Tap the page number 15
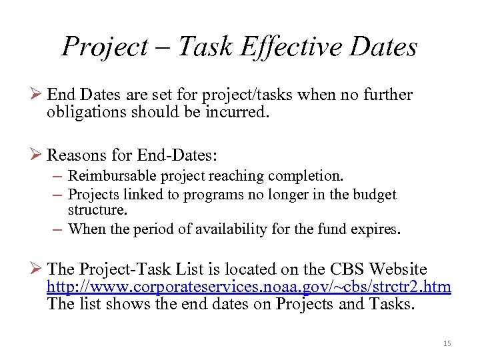point(447,343)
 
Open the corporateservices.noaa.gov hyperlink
point(249,287)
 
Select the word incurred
point(238,113)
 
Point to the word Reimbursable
point(105,176)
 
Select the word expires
point(378,229)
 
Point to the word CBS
point(347,269)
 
